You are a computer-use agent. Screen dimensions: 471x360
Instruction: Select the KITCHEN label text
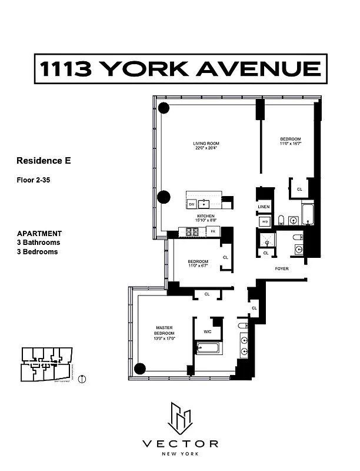205,217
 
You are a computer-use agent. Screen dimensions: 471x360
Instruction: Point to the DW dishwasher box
192,204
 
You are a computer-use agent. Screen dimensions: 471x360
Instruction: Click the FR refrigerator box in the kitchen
212,232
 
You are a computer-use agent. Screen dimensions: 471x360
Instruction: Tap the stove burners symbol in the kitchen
193,233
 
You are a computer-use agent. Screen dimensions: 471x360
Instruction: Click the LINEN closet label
264,207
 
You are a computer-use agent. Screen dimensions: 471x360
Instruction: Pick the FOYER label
282,269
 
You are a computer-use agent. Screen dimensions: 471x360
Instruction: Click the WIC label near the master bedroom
206,332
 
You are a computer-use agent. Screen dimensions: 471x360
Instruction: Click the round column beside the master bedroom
139,369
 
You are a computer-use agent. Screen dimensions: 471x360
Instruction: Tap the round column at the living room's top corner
164,108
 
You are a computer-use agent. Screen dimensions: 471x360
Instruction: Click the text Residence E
44,160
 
